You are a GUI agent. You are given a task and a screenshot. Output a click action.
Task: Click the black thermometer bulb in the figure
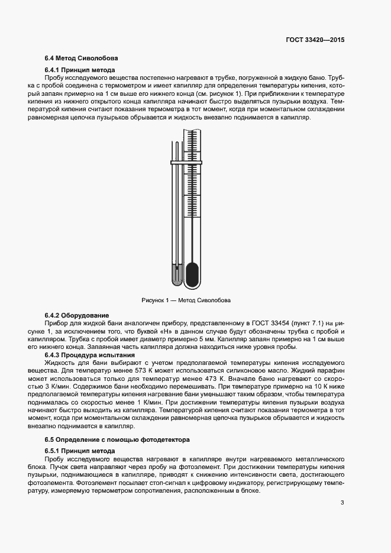192,274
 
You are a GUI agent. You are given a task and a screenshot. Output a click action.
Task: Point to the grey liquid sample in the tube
176,273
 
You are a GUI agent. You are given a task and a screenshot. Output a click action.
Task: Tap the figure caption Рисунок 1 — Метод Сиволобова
186,300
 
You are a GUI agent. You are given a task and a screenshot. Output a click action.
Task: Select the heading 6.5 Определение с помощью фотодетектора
117,440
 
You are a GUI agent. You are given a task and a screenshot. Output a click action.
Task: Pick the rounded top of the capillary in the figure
176,144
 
